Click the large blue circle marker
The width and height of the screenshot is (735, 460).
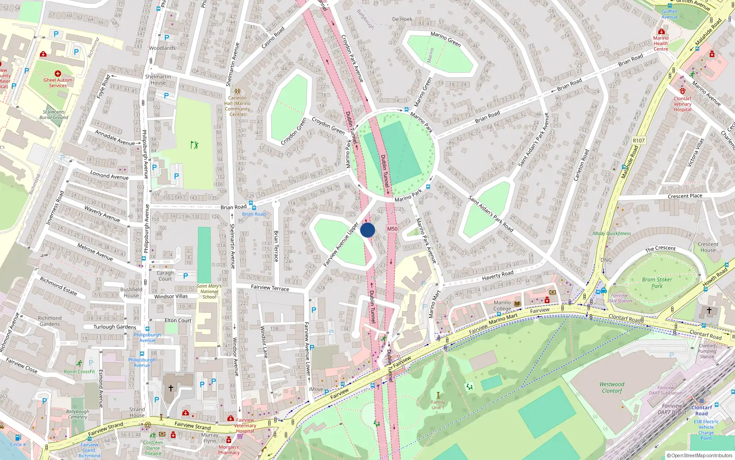[367, 230]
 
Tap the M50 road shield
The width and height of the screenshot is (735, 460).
[392, 229]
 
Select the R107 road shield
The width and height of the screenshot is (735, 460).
[639, 140]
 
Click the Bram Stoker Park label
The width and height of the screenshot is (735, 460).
[657, 282]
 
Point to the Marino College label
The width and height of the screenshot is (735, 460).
[502, 306]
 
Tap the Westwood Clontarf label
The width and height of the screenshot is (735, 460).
[611, 387]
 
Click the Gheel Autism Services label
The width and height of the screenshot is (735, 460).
[58, 82]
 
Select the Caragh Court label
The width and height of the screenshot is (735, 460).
[165, 276]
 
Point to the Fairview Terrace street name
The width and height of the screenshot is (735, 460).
[270, 287]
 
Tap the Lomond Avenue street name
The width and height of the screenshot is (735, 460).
[109, 175]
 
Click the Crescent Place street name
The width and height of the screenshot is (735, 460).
[684, 196]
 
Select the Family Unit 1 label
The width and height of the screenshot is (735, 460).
[438, 405]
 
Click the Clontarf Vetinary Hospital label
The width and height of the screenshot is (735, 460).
[682, 104]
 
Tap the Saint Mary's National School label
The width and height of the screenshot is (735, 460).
[209, 291]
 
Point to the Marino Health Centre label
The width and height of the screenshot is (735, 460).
[661, 43]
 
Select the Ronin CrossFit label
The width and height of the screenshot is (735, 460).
[79, 371]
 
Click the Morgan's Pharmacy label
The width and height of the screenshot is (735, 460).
[229, 449]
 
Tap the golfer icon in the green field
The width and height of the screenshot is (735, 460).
[194, 145]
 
